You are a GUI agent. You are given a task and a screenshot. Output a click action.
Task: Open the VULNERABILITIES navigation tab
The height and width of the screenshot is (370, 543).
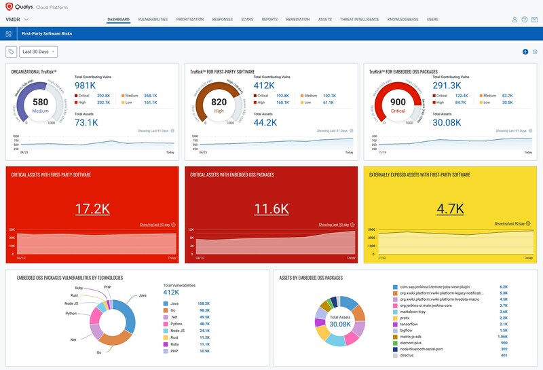(152, 20)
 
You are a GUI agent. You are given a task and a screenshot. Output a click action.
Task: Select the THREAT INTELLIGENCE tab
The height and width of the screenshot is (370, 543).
(360, 20)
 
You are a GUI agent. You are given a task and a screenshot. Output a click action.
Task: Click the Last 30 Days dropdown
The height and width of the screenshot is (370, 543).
(38, 52)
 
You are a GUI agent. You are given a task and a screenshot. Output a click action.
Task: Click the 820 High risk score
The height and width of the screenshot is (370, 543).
(218, 103)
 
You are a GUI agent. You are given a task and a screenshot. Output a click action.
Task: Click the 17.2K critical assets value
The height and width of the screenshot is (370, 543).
(92, 208)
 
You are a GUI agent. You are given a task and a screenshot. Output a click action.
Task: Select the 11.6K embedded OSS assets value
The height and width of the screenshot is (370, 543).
(271, 208)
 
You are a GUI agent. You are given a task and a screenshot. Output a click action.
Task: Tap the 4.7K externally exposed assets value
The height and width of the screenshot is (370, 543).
(450, 208)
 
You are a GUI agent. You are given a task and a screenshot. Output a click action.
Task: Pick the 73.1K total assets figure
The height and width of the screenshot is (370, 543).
(86, 123)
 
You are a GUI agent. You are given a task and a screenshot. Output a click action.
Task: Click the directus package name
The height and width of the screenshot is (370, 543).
(407, 355)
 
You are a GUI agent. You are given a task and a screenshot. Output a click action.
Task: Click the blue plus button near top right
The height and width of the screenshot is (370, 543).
(525, 52)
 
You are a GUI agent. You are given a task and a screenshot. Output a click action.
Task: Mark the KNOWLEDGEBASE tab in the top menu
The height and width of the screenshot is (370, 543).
(402, 20)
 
